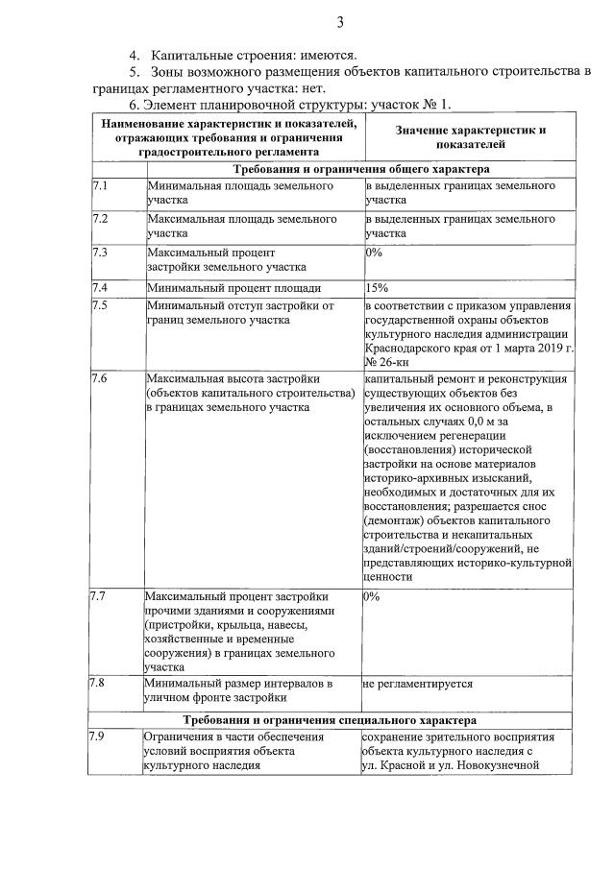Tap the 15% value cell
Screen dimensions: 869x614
(x=377, y=287)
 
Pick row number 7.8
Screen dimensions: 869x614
(x=96, y=684)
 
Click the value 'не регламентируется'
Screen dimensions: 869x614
(x=417, y=684)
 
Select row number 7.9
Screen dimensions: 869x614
(x=96, y=736)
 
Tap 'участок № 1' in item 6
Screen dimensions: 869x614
(x=410, y=104)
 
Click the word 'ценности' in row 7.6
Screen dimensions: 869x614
(x=389, y=577)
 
